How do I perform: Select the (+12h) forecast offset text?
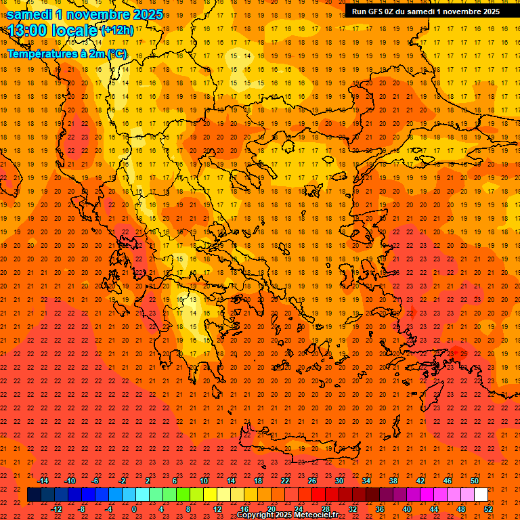point(117,30)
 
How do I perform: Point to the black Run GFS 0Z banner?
point(425,11)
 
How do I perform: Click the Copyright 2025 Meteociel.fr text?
point(287,515)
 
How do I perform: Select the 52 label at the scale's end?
point(488,508)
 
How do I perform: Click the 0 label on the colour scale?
point(134,508)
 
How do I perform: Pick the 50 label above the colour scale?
point(473,481)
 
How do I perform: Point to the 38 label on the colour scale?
point(393,481)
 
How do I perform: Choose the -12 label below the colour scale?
point(56,508)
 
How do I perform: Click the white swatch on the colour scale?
point(481,495)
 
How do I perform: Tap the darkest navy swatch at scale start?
point(35,495)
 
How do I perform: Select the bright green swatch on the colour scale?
point(183,495)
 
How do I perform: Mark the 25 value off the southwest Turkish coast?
point(462,353)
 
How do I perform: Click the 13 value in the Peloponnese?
point(193,299)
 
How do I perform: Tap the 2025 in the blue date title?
point(148,14)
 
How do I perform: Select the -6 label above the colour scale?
point(95,481)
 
